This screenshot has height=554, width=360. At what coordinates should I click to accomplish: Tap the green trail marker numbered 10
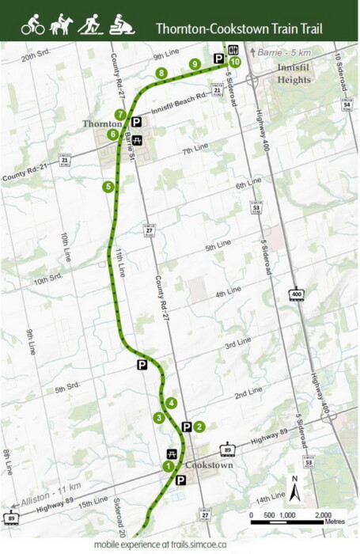click(235, 63)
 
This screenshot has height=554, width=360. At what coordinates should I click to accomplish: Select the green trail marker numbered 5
click(108, 187)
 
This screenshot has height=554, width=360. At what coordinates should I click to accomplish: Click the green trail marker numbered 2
click(199, 427)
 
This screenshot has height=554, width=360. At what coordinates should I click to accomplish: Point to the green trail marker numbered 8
click(161, 74)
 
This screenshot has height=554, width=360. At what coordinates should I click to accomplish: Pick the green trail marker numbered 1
click(168, 466)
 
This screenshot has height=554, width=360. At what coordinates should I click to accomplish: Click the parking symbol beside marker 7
click(136, 122)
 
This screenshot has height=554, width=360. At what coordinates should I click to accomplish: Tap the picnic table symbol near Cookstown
click(171, 453)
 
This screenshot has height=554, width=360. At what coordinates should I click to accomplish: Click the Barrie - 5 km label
click(278, 51)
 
